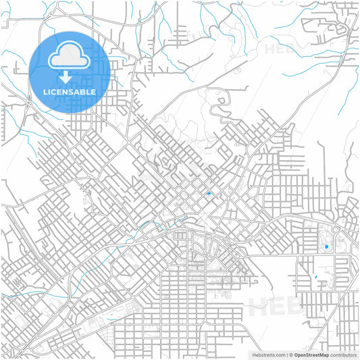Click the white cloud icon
[x=70, y=56]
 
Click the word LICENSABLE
[x=70, y=92]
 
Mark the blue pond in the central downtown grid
[x=209, y=194]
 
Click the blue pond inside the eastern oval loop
[x=327, y=247]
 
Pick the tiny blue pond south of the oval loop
[x=315, y=278]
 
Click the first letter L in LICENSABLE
[x=45, y=92]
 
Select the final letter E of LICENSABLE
[x=93, y=92]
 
